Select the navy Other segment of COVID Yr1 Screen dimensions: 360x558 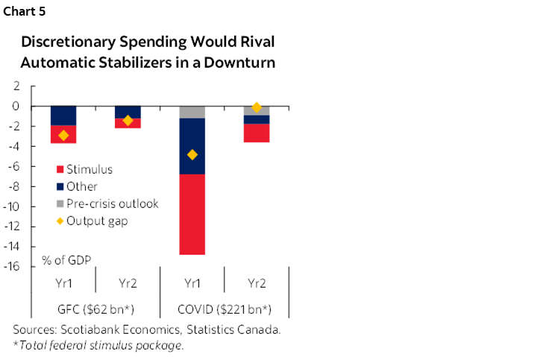coord(192,146)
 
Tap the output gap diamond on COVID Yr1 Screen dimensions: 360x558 coord(192,154)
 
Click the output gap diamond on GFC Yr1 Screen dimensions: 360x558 coord(63,135)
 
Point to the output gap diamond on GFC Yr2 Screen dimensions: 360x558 coord(128,120)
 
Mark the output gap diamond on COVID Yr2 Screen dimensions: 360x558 coord(257,107)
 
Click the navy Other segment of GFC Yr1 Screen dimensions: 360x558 coord(63,116)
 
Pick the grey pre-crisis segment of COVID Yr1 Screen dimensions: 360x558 coord(192,112)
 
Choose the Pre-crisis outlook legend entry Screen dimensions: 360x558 coord(112,203)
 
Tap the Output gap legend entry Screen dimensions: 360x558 coord(98,221)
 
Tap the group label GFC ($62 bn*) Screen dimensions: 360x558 coord(95,309)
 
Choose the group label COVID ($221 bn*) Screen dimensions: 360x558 coord(225,309)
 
